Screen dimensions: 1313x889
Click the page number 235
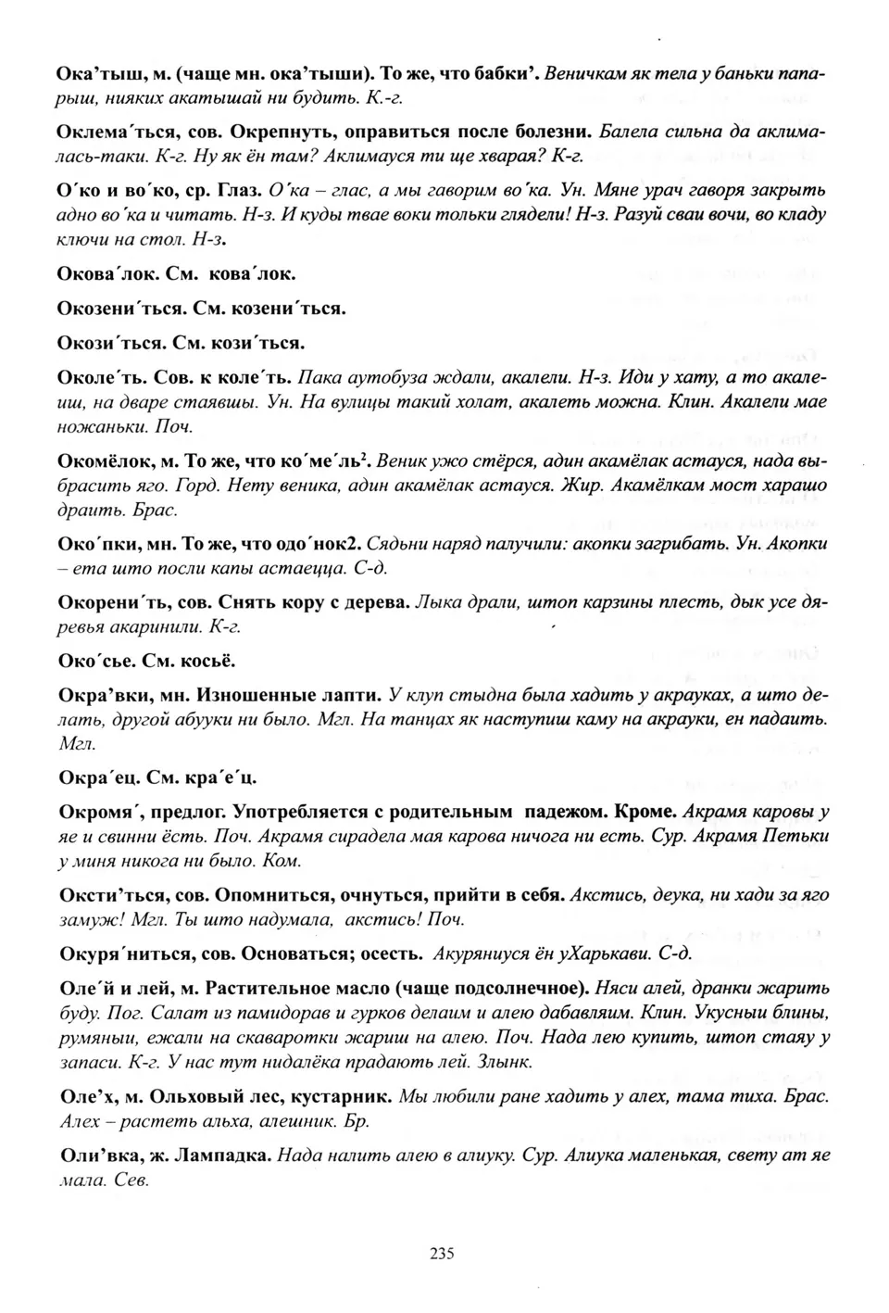[442, 1254]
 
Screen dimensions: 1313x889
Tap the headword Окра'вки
[96, 694]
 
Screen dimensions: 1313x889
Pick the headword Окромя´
[99, 812]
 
